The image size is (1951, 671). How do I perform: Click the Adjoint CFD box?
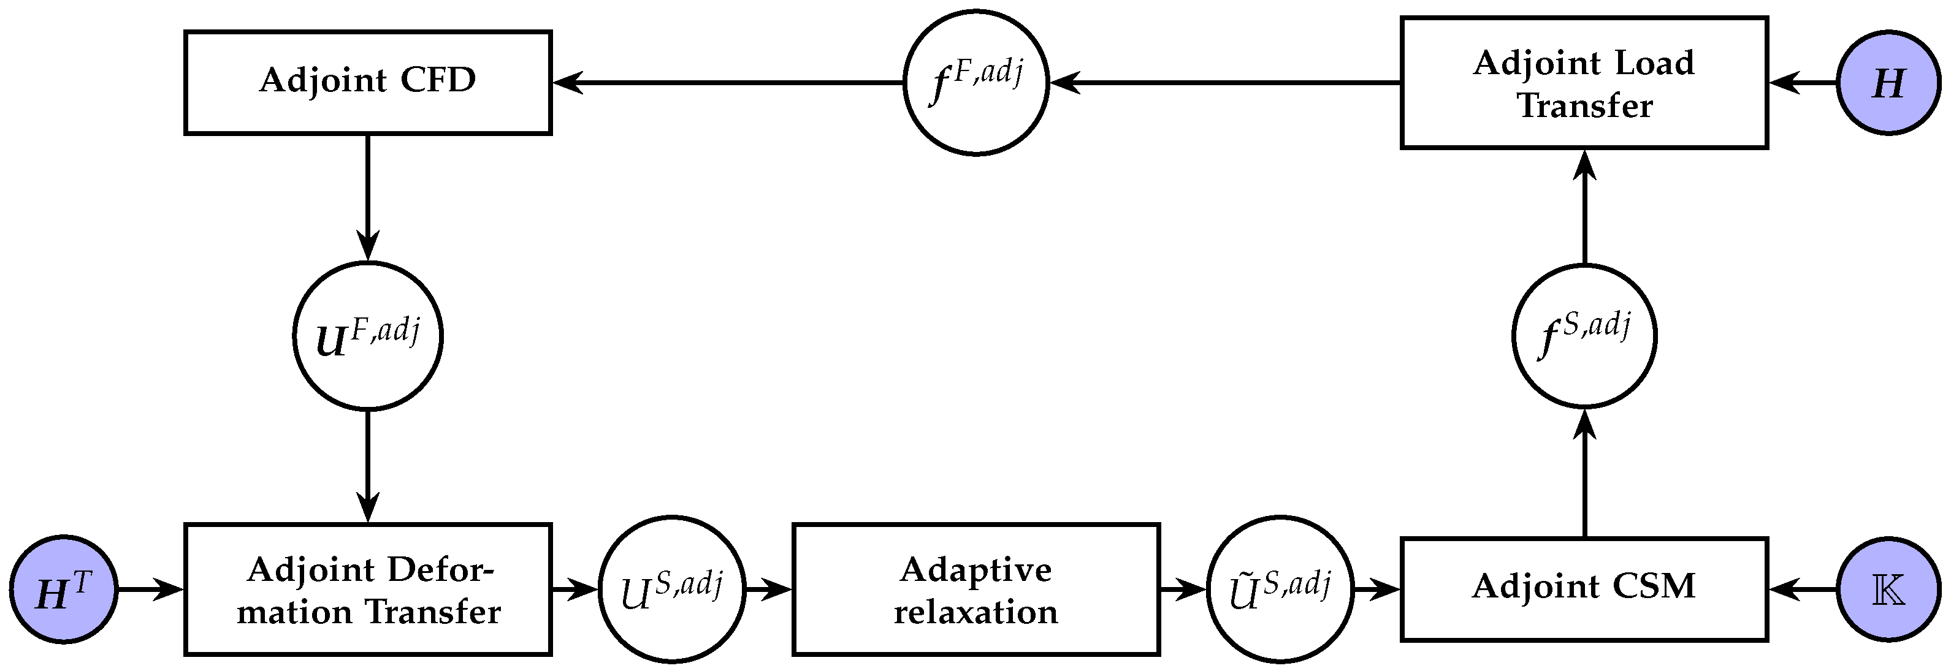[x=367, y=83]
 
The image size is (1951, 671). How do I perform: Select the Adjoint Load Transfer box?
[x=1584, y=83]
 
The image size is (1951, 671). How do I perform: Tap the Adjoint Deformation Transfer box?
[x=367, y=588]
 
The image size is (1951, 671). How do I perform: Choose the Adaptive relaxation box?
[x=975, y=588]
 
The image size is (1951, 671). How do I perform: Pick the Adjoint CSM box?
[x=1584, y=588]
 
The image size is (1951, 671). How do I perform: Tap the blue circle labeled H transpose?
[x=64, y=588]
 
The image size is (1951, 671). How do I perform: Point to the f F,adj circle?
[x=975, y=83]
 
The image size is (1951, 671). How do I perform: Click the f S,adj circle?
[x=1584, y=336]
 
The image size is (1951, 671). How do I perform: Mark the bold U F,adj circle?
[x=367, y=336]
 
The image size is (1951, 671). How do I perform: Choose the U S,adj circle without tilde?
[x=672, y=588]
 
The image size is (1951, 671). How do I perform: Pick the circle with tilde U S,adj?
[x=1280, y=588]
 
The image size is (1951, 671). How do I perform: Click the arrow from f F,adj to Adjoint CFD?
[x=727, y=83]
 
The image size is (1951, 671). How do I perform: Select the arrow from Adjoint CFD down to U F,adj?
[x=367, y=197]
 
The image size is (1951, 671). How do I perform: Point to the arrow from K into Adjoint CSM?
[x=1803, y=588]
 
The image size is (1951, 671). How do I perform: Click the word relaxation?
[x=975, y=611]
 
